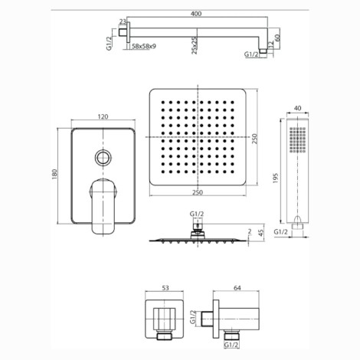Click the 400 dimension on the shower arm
click(196, 13)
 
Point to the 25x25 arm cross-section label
click(195, 45)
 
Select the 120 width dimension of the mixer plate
click(103, 116)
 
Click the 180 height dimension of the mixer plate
click(54, 174)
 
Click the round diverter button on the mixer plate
click(103, 157)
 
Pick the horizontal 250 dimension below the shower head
click(198, 192)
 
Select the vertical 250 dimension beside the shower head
click(254, 139)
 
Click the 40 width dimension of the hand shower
click(298, 108)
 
